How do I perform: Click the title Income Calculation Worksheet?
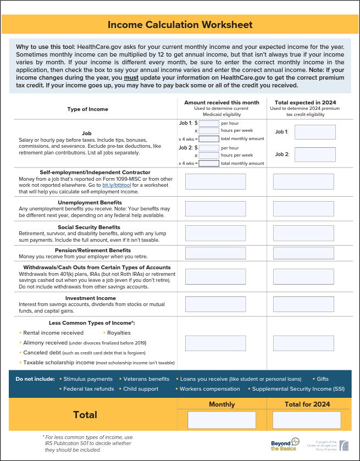click(x=180, y=25)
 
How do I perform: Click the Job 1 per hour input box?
click(x=209, y=124)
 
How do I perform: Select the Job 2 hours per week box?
click(x=209, y=155)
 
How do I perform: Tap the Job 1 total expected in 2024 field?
click(x=315, y=132)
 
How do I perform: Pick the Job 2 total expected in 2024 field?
click(x=315, y=154)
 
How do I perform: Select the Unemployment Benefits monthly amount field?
click(x=215, y=209)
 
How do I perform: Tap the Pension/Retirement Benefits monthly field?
click(x=215, y=253)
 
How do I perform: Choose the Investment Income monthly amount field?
click(x=215, y=303)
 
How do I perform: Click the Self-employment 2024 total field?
click(x=304, y=181)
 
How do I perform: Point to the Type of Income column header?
click(x=88, y=109)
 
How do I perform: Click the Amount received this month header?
click(x=221, y=103)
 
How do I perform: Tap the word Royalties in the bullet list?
click(x=119, y=332)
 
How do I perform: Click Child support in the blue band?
click(x=141, y=388)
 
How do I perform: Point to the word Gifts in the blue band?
click(x=323, y=379)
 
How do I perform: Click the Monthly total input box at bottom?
click(x=221, y=420)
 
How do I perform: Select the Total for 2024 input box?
click(x=307, y=420)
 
